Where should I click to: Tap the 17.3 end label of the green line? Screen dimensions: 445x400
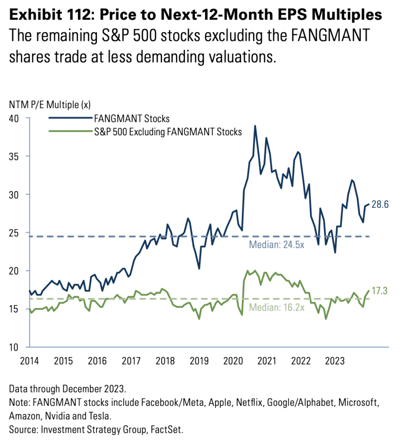click(380, 291)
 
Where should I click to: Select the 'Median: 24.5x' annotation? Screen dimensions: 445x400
click(276, 244)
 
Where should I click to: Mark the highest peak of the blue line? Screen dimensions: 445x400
click(255, 126)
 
